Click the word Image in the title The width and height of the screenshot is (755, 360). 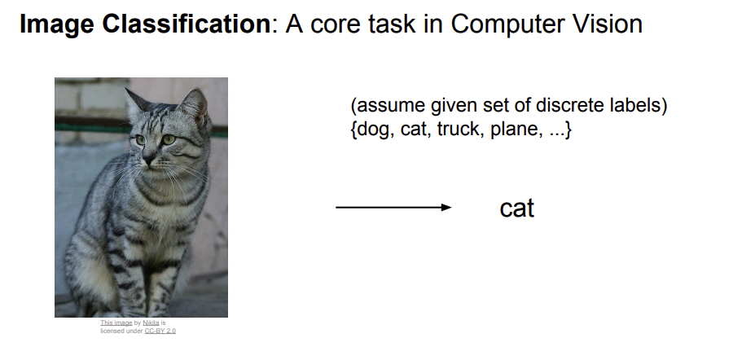click(x=56, y=24)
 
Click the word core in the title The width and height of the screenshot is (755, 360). click(x=336, y=26)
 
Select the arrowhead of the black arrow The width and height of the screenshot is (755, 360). click(x=446, y=208)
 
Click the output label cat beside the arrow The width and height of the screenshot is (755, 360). click(x=517, y=209)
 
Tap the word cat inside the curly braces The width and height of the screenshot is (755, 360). click(x=414, y=130)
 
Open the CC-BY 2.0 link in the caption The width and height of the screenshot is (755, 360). click(x=160, y=331)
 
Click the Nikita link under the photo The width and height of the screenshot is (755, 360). click(x=151, y=323)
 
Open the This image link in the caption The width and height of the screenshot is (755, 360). click(x=116, y=323)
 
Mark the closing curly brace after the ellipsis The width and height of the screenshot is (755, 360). click(x=568, y=130)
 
